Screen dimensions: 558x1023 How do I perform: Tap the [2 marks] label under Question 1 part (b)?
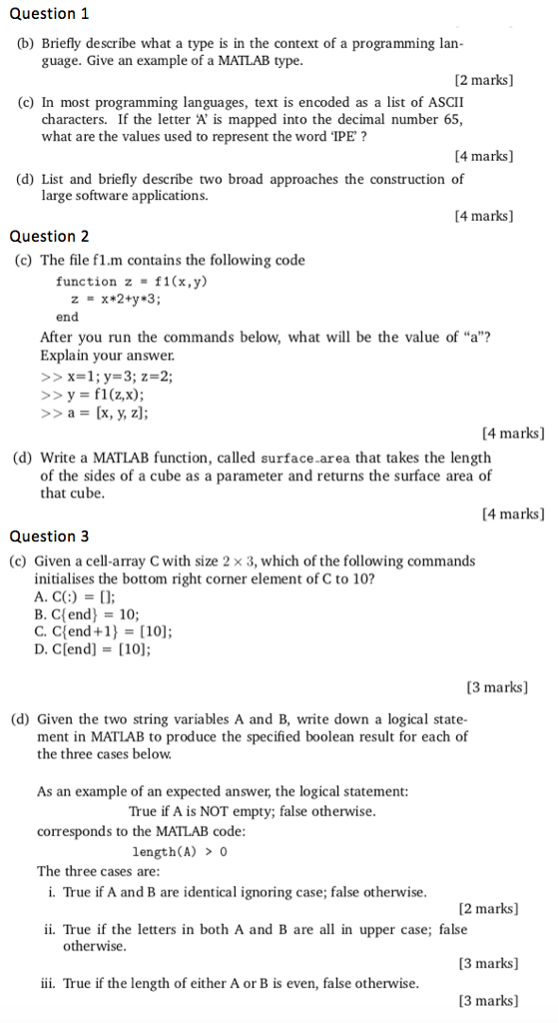(483, 79)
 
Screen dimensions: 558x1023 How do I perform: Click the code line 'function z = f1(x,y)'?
(131, 282)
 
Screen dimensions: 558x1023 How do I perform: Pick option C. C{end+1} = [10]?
(103, 631)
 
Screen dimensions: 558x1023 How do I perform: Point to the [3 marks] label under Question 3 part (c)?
(497, 687)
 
